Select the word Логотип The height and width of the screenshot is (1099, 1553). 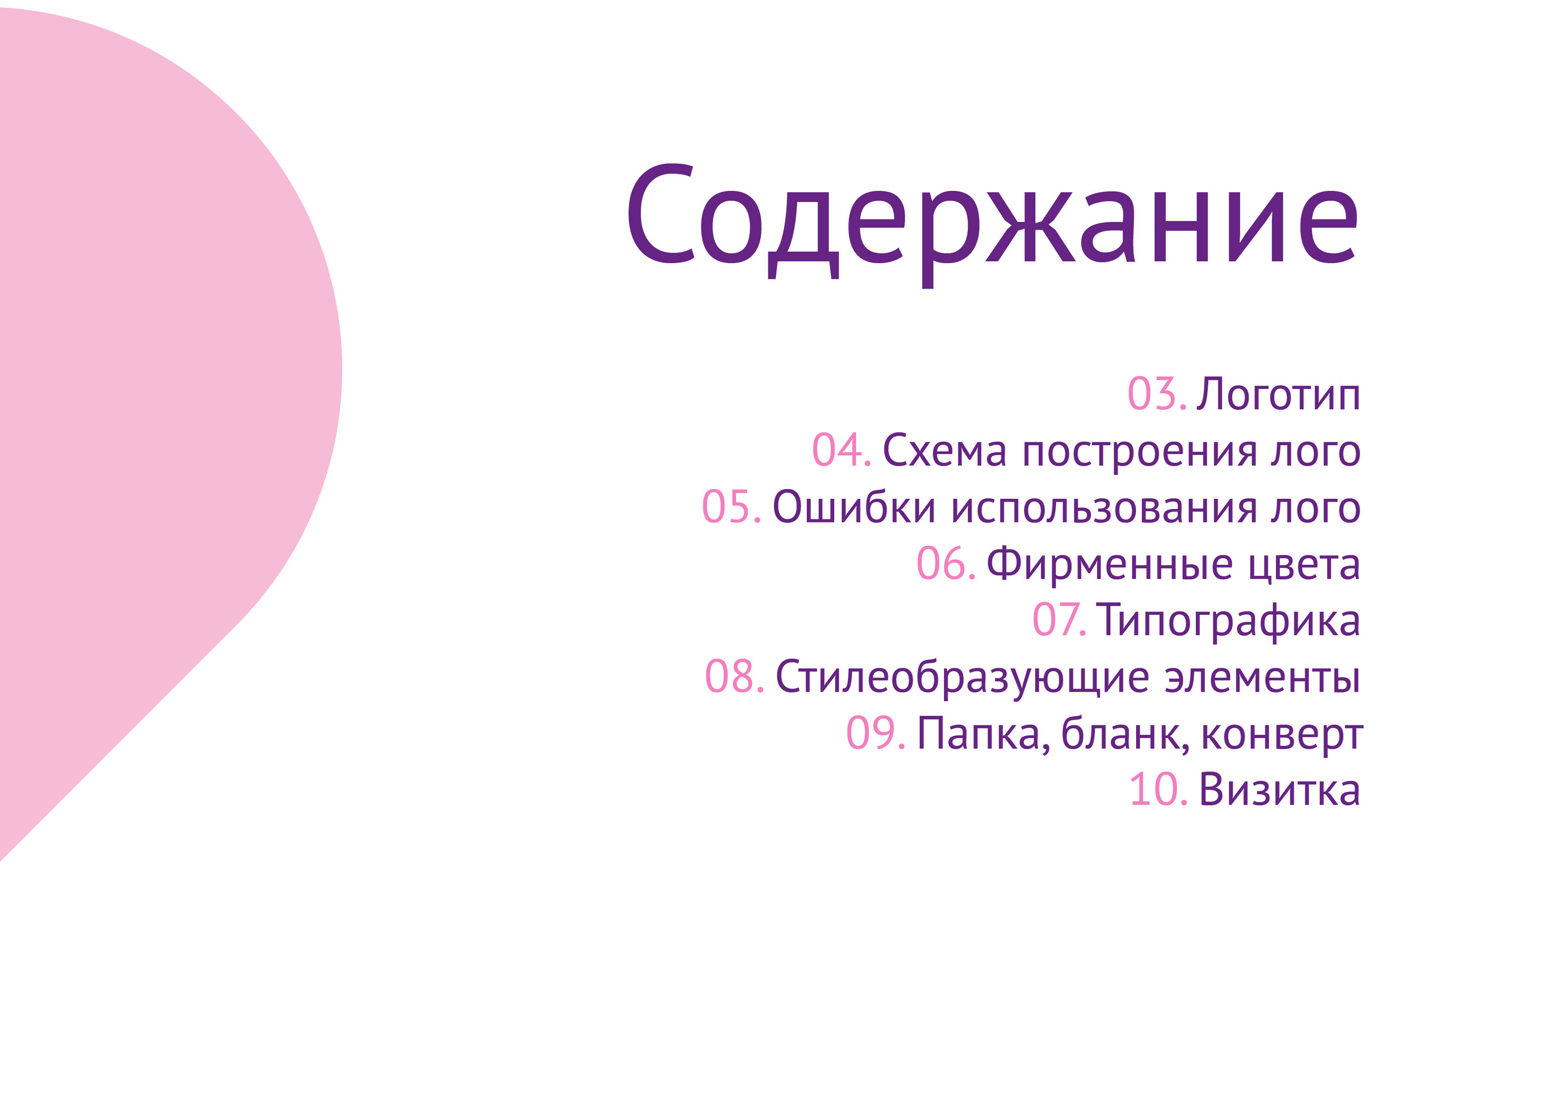[1278, 394]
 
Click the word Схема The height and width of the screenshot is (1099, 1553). [945, 451]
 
